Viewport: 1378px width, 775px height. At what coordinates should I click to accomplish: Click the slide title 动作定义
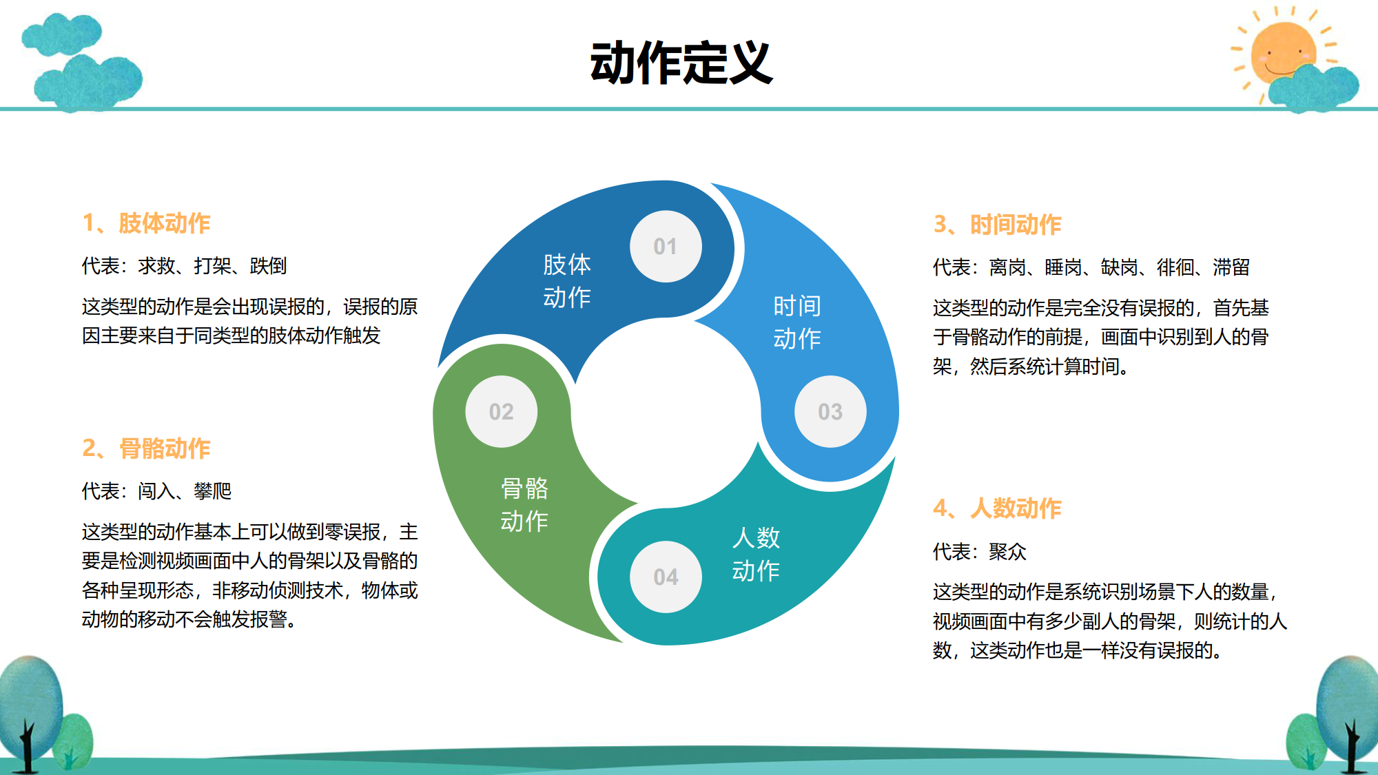point(681,63)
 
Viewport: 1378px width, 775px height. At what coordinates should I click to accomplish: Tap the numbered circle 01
point(666,246)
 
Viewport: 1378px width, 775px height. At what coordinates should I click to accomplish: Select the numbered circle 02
point(502,411)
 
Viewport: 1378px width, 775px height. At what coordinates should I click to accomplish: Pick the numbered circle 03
point(830,411)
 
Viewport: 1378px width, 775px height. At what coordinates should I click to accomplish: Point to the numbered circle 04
point(666,577)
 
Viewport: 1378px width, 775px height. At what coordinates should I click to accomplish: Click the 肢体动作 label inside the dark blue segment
point(567,280)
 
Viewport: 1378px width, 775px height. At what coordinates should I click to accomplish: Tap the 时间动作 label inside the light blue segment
point(797,322)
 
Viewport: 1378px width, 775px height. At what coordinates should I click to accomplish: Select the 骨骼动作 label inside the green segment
point(524,504)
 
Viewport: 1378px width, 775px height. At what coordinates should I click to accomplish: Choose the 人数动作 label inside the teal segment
point(756,554)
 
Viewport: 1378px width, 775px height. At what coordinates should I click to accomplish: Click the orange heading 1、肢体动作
point(146,223)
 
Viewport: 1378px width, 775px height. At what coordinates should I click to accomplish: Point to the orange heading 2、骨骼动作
point(146,448)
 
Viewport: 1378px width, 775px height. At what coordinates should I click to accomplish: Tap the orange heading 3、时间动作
point(997,225)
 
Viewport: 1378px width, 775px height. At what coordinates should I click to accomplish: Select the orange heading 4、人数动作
point(997,508)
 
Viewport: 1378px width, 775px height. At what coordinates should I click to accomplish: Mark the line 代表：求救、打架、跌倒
point(184,266)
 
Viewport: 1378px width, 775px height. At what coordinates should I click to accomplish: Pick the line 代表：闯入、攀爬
point(156,491)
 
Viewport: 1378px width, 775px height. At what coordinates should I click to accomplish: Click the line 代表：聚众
point(980,552)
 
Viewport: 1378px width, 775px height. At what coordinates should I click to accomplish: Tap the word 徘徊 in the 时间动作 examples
point(1175,267)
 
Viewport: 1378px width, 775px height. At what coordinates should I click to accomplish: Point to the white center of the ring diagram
point(666,412)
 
